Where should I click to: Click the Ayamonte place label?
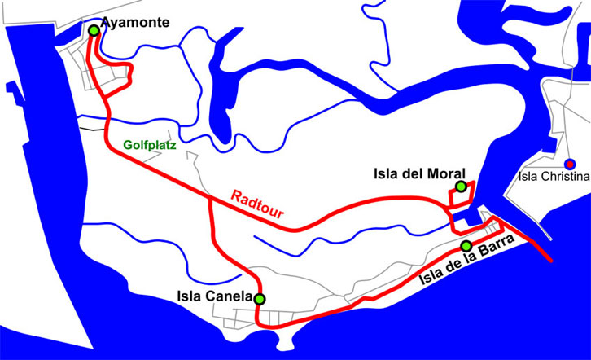coord(136,23)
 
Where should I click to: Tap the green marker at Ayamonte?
coord(94,30)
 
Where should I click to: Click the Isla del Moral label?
coord(419,173)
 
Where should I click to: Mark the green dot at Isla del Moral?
coord(461,187)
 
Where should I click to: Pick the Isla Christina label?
coord(555,175)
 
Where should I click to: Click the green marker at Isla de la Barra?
coord(466,246)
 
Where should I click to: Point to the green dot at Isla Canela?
coord(260,299)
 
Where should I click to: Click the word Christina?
coord(565,175)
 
